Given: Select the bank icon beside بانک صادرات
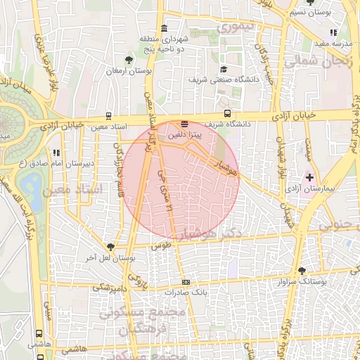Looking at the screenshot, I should pos(186,281).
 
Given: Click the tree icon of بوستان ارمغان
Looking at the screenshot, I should pos(129,60).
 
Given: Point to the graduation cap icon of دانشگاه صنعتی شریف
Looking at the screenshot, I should pos(224,69).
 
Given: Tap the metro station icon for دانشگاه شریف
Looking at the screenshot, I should pos(226,113).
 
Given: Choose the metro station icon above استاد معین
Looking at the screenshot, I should pos(108,115).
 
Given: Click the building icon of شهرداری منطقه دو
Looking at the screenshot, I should pos(164,29).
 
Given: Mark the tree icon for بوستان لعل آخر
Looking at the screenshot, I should pos(110,246).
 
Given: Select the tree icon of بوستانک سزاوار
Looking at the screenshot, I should pos(302,271).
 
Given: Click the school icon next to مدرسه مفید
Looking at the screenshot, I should pos(333,32).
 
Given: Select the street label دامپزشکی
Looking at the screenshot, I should pos(110,287).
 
